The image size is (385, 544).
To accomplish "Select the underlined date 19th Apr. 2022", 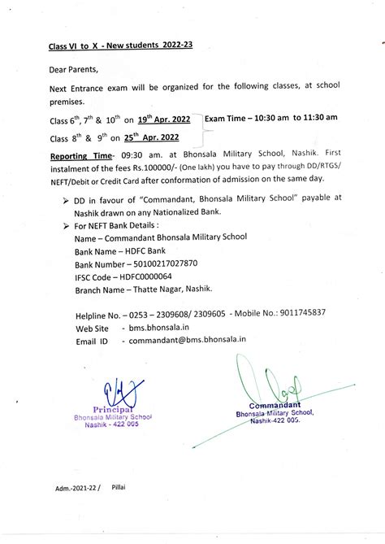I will click(163, 120).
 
